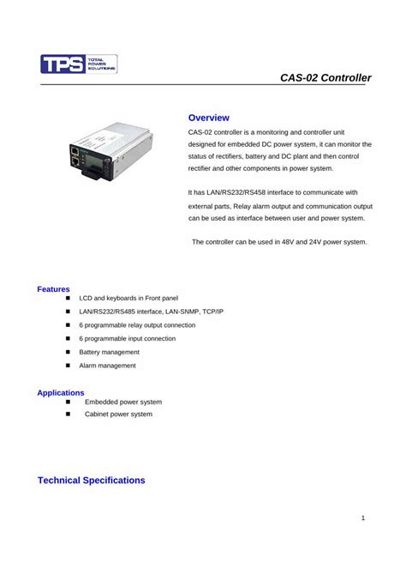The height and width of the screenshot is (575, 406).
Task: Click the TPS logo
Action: (x=78, y=64)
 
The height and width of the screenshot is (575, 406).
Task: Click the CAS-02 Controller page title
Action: (x=325, y=78)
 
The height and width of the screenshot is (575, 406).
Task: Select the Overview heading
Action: (x=208, y=117)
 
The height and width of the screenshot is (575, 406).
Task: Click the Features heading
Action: (x=53, y=289)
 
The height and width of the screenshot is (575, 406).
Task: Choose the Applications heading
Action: (x=60, y=392)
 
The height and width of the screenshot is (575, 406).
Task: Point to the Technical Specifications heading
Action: (x=91, y=481)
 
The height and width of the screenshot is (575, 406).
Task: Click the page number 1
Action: (x=363, y=518)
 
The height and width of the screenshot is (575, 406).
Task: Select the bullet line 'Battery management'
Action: (x=109, y=352)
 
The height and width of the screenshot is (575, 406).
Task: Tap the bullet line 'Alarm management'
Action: (x=107, y=366)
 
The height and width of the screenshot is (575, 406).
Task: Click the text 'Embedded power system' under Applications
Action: (x=122, y=402)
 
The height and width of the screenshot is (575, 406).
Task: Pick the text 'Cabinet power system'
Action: (x=118, y=414)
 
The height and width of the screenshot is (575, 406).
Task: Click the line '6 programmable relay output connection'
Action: (x=137, y=325)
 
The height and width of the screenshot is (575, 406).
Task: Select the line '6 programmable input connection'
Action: (x=127, y=338)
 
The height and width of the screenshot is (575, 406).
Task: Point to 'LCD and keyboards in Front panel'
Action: (x=128, y=298)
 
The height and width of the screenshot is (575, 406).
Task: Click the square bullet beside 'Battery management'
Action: (x=67, y=352)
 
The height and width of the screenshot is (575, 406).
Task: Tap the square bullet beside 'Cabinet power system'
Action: (x=67, y=414)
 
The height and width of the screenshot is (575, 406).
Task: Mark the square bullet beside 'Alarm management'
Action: (x=67, y=366)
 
